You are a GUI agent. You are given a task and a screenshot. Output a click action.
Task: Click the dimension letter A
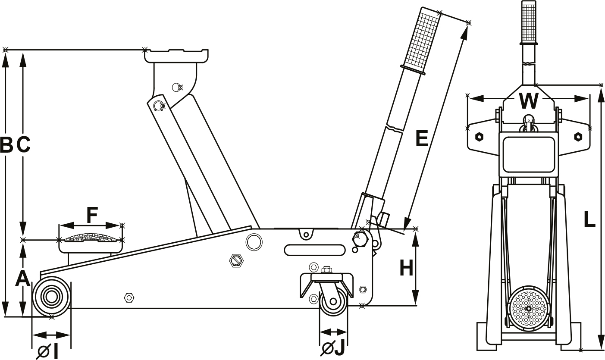pos(22,278)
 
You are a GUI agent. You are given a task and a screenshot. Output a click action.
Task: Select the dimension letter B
pos(6,145)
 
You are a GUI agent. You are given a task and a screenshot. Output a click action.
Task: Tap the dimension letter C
pos(24,145)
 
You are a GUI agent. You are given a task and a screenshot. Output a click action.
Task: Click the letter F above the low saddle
pos(92,215)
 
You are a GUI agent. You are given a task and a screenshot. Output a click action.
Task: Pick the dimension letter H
pos(406,268)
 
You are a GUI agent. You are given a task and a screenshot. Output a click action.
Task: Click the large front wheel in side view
pos(51,297)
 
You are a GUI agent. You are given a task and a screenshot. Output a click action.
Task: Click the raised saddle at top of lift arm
pos(177,56)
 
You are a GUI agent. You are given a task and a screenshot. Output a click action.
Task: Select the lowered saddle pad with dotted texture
pos(91,238)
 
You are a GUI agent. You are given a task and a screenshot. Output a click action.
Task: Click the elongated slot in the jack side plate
pos(314,250)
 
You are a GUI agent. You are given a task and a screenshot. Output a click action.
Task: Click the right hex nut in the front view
pos(577,137)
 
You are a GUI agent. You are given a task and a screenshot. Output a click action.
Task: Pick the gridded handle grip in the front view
pos(529,22)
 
